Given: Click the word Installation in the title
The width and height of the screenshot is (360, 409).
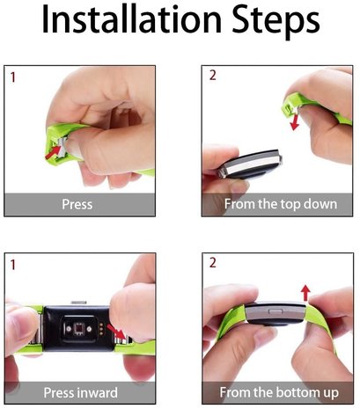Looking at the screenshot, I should point(131,22).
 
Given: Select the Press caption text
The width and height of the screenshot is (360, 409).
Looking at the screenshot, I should point(77,204).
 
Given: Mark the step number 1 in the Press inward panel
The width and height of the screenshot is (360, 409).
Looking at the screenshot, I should point(12,264).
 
